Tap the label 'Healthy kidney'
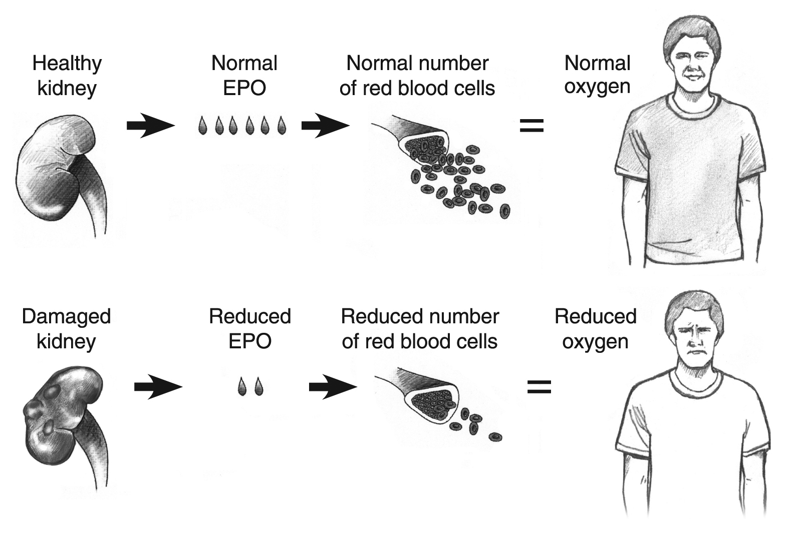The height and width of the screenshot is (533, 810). (67, 76)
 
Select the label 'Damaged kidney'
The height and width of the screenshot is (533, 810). (66, 329)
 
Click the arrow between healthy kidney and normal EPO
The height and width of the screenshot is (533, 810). (150, 126)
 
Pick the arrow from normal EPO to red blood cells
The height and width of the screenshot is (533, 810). (325, 126)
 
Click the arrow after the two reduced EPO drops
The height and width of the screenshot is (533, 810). (332, 387)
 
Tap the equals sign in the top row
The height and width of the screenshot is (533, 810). (531, 126)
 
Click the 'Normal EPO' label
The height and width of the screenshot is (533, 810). (244, 76)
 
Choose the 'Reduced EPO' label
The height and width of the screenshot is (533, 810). (249, 329)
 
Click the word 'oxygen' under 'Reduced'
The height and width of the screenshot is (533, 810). (595, 342)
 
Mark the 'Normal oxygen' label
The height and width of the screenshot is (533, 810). (597, 75)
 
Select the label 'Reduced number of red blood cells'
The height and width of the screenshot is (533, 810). (420, 329)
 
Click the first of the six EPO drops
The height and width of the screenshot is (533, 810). (202, 126)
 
